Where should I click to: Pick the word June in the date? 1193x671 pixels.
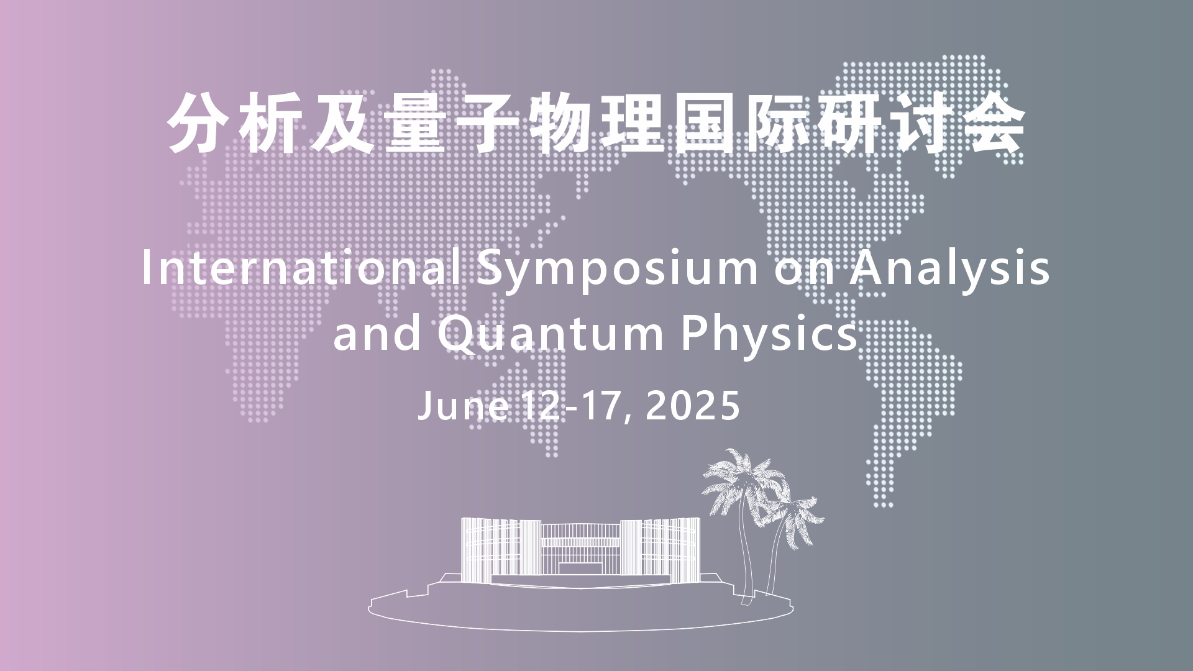[x=464, y=406]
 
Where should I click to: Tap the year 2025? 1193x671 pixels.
[x=693, y=406]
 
